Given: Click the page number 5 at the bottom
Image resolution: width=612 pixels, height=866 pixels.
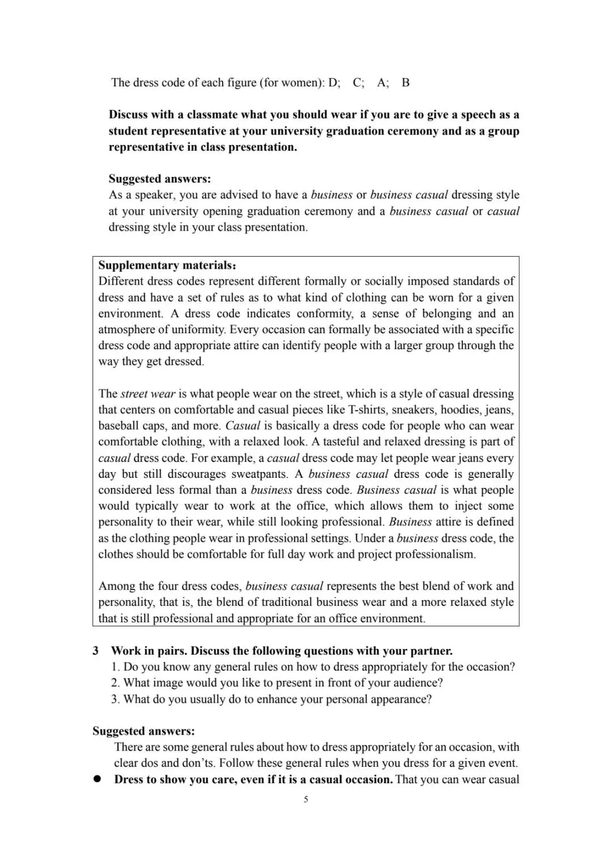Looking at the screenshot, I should click(306, 800).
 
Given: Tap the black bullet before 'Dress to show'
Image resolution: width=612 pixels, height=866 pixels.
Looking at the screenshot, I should click(97, 779).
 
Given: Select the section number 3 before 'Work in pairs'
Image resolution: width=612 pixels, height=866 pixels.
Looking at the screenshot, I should click(96, 651).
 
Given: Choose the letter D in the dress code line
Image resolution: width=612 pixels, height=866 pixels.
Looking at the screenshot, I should click(334, 83).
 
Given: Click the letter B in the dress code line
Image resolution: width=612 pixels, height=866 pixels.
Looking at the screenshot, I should click(406, 83).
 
